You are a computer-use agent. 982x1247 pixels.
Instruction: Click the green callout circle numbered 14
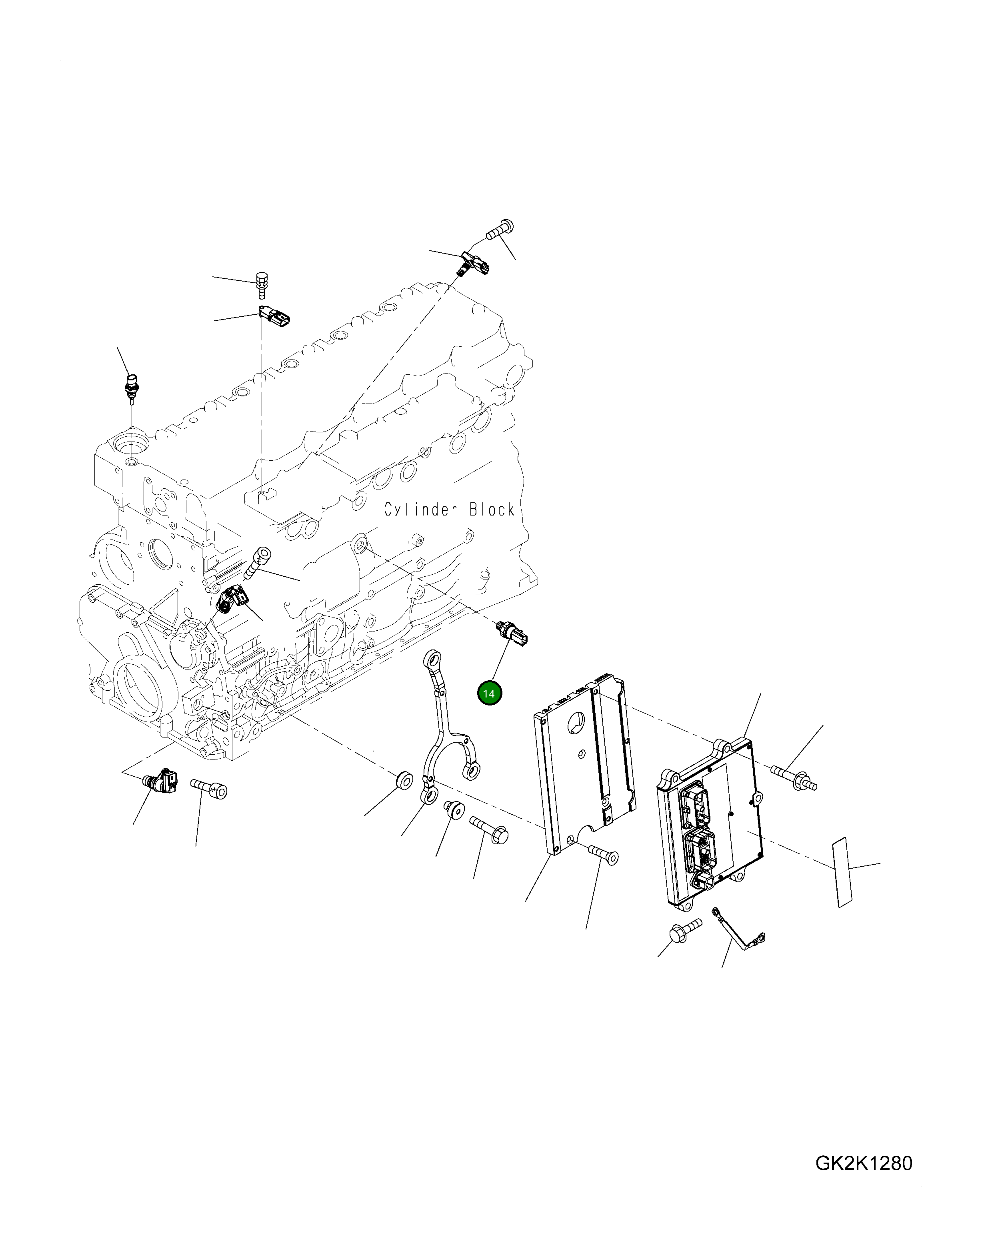coord(489,693)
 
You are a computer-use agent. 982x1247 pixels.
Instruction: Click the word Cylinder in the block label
coord(421,510)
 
